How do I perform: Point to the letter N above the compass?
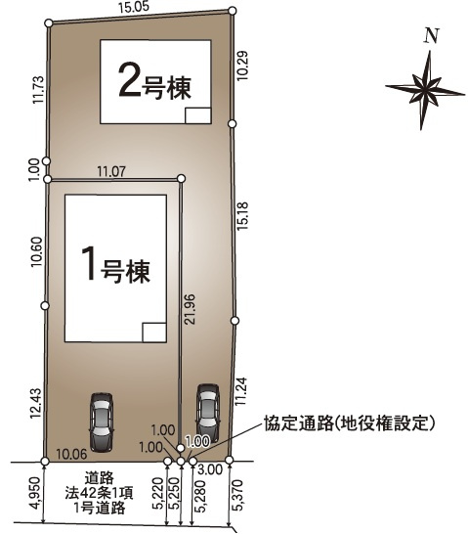[x=431, y=37]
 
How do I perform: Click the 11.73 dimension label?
[x=36, y=91]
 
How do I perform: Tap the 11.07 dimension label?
[x=112, y=171]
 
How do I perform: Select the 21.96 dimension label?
[x=191, y=311]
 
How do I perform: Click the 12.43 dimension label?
[x=36, y=401]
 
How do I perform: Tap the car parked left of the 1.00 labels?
[x=101, y=419]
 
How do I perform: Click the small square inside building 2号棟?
[x=196, y=115]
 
